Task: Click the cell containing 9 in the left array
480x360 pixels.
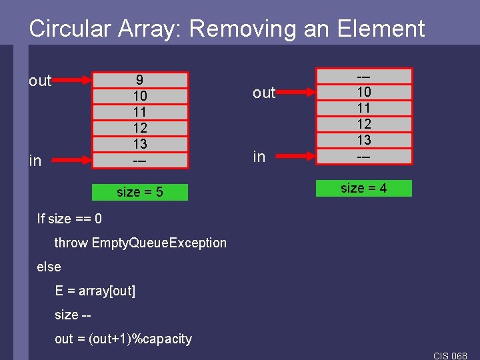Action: (140, 80)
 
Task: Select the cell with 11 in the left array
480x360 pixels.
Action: (140, 112)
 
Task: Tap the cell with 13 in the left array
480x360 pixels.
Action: (140, 144)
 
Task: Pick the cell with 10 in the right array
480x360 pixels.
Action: (364, 92)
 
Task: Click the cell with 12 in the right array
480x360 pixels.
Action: (364, 124)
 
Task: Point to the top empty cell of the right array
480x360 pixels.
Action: (364, 76)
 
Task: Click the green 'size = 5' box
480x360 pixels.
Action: (140, 193)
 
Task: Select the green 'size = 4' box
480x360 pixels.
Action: (364, 189)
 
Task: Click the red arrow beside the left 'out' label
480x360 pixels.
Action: (74, 81)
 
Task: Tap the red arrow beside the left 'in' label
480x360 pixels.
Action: (74, 161)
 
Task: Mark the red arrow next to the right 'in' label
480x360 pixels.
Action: (298, 157)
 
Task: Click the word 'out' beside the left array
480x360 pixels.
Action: (40, 81)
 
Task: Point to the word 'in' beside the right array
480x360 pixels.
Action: (259, 157)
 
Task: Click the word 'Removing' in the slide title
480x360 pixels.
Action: (237, 29)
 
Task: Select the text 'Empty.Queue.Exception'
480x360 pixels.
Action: (159, 243)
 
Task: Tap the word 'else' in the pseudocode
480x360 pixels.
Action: (49, 267)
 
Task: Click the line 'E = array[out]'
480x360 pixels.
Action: (95, 291)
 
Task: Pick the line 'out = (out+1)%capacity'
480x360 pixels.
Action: (123, 339)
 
